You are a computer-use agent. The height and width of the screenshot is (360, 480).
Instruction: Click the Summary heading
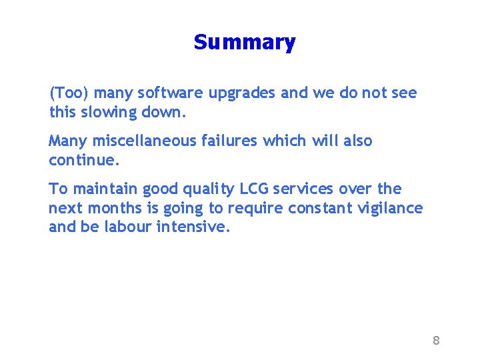coord(244,43)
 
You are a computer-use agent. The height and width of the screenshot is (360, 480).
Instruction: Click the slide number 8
coord(436,341)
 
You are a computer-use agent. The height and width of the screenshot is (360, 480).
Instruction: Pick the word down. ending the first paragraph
coord(164,113)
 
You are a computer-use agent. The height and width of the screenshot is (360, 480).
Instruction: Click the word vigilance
coord(390,209)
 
